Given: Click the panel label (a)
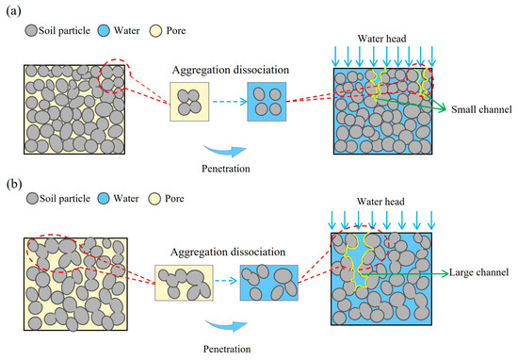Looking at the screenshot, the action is click(13, 11).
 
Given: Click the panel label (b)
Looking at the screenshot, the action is click(14, 184).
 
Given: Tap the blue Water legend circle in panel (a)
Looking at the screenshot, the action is click(104, 31).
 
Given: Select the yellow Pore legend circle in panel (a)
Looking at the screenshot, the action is click(155, 31).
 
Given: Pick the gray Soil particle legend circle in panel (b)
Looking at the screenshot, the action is click(32, 199).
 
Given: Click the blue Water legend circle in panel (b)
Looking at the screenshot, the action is click(104, 199).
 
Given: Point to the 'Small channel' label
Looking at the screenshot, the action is click(481, 109).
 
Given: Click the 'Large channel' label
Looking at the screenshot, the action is click(478, 272).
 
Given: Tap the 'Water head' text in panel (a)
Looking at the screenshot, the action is click(381, 39).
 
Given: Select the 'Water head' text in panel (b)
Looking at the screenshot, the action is click(380, 202).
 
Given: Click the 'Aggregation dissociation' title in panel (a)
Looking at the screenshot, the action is click(231, 70).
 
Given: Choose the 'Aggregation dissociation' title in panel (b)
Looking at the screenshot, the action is click(228, 253).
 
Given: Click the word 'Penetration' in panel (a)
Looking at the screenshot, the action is click(226, 169).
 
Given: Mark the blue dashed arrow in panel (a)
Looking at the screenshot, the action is click(230, 102).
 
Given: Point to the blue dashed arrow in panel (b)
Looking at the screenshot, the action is click(226, 281).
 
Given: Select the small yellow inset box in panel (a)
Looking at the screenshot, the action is click(189, 102).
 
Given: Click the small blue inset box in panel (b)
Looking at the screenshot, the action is click(269, 283).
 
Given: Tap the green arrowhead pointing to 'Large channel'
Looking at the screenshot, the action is click(445, 273).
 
